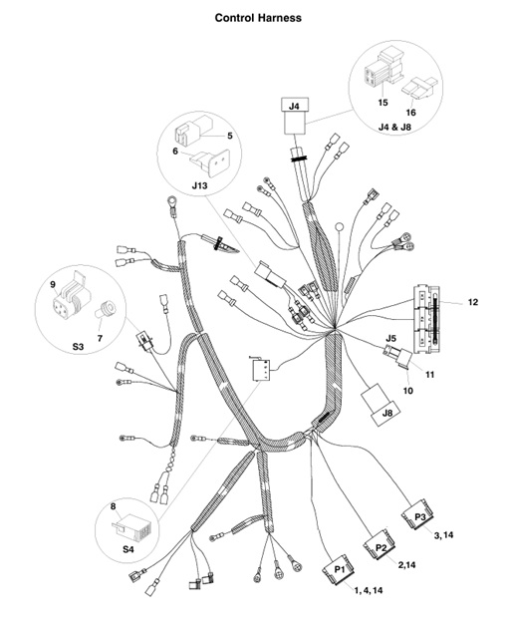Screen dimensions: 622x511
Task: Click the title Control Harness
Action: (258, 18)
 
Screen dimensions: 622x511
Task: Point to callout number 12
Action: (473, 301)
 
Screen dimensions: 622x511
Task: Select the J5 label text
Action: (391, 338)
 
